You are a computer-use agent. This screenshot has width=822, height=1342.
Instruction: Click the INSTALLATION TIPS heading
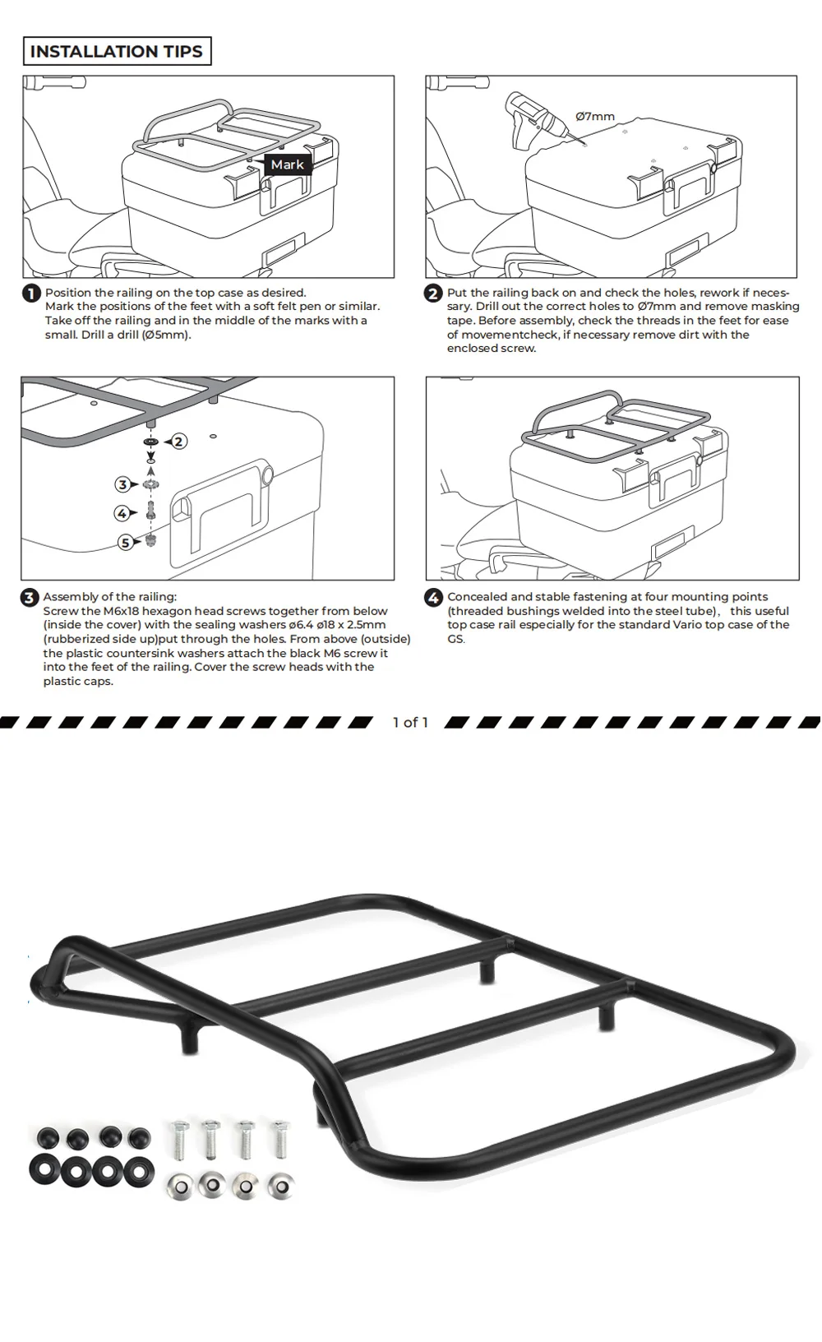point(117,52)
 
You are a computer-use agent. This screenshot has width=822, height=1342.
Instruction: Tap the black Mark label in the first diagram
point(288,164)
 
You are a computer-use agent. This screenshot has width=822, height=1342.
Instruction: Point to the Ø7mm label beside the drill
point(595,117)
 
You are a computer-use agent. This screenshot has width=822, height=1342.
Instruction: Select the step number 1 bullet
point(31,294)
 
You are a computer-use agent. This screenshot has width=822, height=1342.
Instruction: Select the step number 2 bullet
point(433,294)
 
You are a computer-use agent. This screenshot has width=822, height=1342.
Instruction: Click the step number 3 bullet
point(30,598)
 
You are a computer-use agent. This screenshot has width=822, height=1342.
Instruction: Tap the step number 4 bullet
point(433,598)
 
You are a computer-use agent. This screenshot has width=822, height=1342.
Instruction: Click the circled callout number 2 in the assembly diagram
point(178,442)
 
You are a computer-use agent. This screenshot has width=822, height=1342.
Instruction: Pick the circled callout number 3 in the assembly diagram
point(122,484)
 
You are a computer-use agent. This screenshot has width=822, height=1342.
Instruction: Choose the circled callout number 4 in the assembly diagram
point(122,513)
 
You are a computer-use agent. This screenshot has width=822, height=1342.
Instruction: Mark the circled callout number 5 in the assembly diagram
point(126,542)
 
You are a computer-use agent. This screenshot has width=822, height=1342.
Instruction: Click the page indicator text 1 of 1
point(410,722)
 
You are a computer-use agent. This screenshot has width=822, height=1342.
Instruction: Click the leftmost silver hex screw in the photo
point(178,1139)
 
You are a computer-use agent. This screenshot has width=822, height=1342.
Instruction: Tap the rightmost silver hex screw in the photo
point(280,1137)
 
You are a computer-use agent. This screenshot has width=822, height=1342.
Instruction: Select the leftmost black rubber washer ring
point(46,1169)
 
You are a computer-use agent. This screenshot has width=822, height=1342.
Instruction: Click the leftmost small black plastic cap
point(47,1138)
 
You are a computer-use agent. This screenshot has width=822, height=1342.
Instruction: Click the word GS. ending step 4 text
point(456,639)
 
